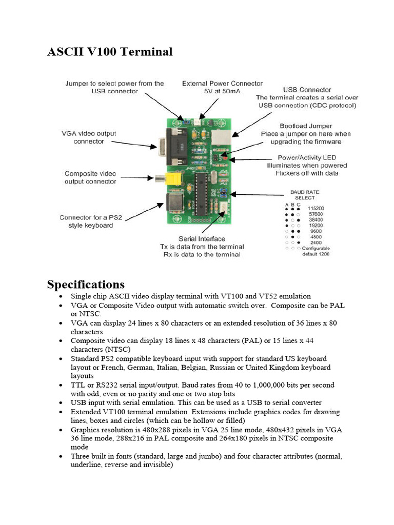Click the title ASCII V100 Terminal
pyautogui.click(x=110, y=52)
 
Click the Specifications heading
pyautogui.click(x=86, y=284)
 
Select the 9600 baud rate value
pyautogui.click(x=316, y=231)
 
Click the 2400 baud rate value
pyautogui.click(x=316, y=243)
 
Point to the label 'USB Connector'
pyautogui.click(x=307, y=90)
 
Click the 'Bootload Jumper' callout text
pyautogui.click(x=306, y=126)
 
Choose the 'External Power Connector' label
pyautogui.click(x=222, y=83)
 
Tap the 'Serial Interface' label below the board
pyautogui.click(x=202, y=239)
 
